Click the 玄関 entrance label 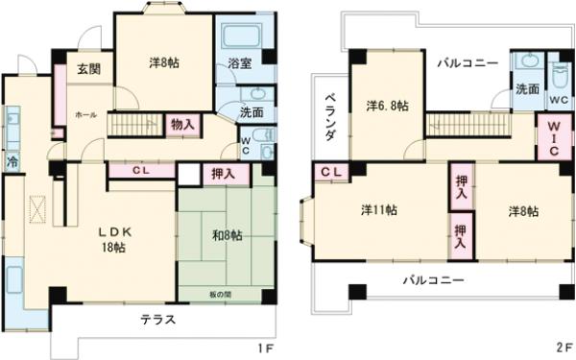click(x=89, y=68)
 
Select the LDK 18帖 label click(x=114, y=240)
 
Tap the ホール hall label click(x=85, y=113)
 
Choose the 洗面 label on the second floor click(x=526, y=89)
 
